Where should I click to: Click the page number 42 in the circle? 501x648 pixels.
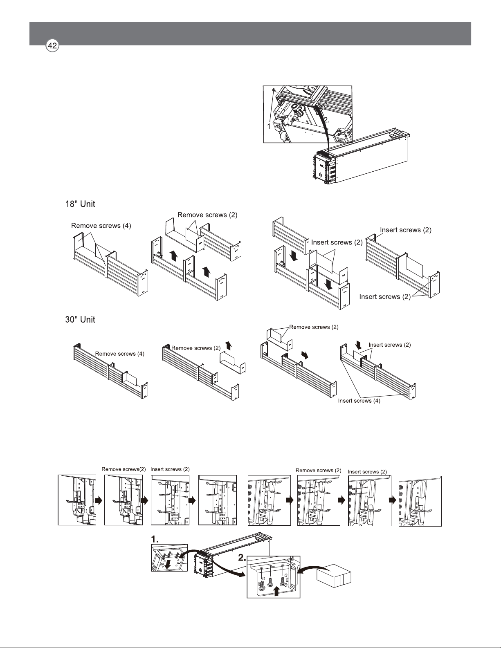(52, 46)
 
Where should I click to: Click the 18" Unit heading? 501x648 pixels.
(80, 204)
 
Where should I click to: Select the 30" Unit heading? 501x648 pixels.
(80, 319)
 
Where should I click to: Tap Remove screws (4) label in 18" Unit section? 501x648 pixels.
(101, 226)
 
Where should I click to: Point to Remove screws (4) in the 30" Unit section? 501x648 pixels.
(119, 354)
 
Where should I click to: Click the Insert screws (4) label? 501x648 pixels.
(359, 401)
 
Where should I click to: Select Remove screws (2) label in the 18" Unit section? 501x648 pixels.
(207, 215)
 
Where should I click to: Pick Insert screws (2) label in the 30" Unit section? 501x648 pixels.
(389, 345)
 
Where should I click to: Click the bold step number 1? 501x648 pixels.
(155, 539)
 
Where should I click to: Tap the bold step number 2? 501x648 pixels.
(242, 558)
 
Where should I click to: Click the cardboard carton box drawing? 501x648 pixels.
(334, 576)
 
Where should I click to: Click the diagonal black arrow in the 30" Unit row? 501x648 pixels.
(305, 354)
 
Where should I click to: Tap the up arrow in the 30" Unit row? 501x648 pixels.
(229, 345)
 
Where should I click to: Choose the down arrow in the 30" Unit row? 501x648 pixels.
(358, 345)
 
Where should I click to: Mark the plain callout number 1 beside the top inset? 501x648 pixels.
(269, 126)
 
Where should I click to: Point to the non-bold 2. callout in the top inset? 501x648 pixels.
(326, 120)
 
